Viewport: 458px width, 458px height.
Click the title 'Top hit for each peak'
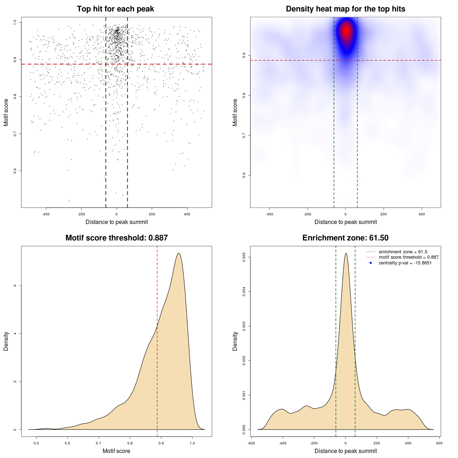[115, 9]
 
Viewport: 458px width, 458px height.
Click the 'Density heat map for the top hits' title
[345, 9]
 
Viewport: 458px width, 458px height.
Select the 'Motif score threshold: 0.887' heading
[116, 238]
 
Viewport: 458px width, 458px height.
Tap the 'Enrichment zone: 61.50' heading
[345, 238]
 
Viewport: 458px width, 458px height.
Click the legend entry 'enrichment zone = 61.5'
[403, 252]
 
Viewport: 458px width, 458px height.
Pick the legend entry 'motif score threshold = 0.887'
[409, 257]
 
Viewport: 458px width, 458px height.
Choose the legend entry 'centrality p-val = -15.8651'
[405, 263]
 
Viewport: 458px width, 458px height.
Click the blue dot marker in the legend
[371, 263]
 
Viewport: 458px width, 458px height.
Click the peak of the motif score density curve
[179, 253]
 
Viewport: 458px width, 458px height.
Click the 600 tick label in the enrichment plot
[439, 443]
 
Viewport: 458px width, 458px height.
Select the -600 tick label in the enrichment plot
[251, 443]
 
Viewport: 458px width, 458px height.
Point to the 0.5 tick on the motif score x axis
[36, 443]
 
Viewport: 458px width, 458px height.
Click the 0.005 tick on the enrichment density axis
[244, 257]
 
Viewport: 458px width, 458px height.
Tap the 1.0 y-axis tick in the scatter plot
[15, 22]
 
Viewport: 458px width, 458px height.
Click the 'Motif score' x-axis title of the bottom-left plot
[116, 451]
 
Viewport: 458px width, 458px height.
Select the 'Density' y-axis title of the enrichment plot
[235, 341]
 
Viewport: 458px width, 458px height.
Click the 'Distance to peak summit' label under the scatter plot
[117, 222]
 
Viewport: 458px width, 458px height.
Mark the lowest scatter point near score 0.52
[69, 200]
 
